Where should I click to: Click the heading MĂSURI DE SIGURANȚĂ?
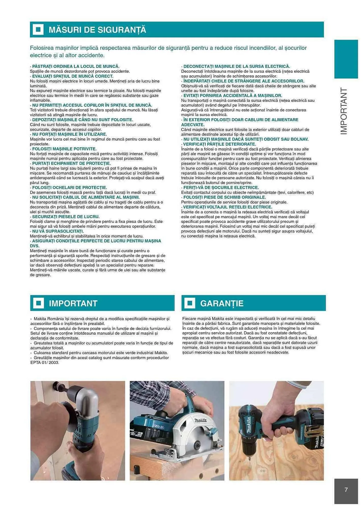tap(97, 30)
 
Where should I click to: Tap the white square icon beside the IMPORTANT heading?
tap(38, 303)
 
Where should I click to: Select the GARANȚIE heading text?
tap(221, 303)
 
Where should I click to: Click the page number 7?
tap(346, 490)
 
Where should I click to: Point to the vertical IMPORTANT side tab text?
tap(344, 111)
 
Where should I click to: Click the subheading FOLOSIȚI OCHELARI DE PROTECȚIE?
tap(69, 188)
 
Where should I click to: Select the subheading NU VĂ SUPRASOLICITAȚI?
tap(58, 231)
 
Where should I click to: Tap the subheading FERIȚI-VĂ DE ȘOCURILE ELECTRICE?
tap(221, 188)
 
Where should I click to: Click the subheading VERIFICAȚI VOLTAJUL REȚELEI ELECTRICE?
tap(227, 207)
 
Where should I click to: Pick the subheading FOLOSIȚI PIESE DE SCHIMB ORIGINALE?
tap(224, 197)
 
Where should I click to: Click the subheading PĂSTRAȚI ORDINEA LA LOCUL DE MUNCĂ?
tap(76, 66)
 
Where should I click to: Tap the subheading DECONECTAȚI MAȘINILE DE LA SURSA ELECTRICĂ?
tap(236, 66)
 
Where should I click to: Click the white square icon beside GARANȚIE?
tap(190, 303)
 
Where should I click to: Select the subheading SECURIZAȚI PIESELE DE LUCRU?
tap(65, 217)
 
